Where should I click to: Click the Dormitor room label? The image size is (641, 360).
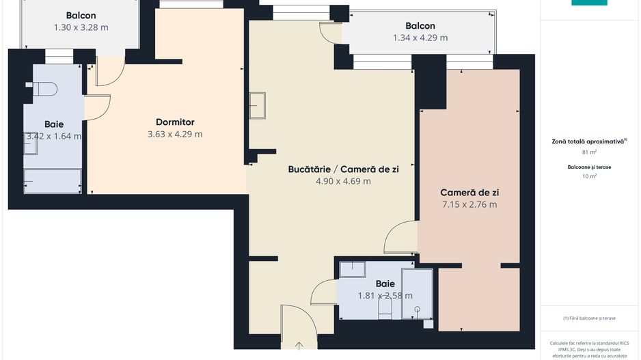pos(175,122)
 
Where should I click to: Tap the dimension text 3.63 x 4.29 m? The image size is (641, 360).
pos(175,135)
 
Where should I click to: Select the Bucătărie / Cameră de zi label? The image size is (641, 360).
pos(343,169)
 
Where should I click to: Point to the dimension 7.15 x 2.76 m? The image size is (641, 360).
pos(469,204)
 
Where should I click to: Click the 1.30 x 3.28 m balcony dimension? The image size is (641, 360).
pos(81,28)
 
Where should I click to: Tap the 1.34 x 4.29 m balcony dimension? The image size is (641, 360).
pos(420,38)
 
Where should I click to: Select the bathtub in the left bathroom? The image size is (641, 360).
pos(52,180)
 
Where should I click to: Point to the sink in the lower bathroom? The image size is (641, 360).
pos(353,268)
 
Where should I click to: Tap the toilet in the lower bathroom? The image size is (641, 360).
pos(385,311)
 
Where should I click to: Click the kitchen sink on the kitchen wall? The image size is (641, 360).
pos(258,105)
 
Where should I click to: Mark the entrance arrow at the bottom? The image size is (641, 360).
pos(299,346)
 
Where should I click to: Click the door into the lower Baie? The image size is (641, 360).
pos(323,292)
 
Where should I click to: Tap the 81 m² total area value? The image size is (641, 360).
pos(589,152)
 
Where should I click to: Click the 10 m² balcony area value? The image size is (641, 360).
pos(589,176)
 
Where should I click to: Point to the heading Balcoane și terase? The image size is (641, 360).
pos(589,167)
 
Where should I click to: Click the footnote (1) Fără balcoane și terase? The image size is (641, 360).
pos(589,318)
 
